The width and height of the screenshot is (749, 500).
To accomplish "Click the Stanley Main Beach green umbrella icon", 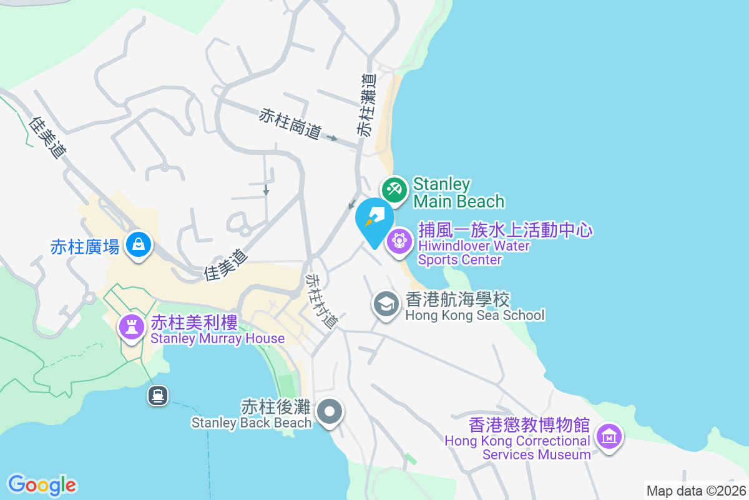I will point(394,189).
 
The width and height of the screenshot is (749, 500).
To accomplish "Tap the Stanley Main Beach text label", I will point(458,192).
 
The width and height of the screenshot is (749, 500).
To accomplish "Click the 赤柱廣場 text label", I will point(85,247).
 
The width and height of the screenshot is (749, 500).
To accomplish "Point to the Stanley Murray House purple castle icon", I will point(131,326).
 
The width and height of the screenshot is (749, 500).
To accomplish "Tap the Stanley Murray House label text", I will point(217,331).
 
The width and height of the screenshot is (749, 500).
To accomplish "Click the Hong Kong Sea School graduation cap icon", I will point(386,305).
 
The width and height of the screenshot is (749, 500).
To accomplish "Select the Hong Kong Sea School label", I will point(474,306).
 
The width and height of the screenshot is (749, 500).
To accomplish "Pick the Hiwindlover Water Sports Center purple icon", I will point(399,241).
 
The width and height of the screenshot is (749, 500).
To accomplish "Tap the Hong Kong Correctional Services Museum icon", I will point(609,436).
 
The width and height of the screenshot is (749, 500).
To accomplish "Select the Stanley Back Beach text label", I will point(251,415).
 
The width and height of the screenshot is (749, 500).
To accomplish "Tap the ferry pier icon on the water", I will point(157,395).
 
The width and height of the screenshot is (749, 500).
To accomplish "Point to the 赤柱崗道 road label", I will point(290,124).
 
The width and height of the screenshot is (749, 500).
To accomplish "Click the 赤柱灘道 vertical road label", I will point(367,105).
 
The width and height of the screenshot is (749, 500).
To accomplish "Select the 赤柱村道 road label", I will point(322,301).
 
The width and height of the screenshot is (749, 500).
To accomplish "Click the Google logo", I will point(42,484).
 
